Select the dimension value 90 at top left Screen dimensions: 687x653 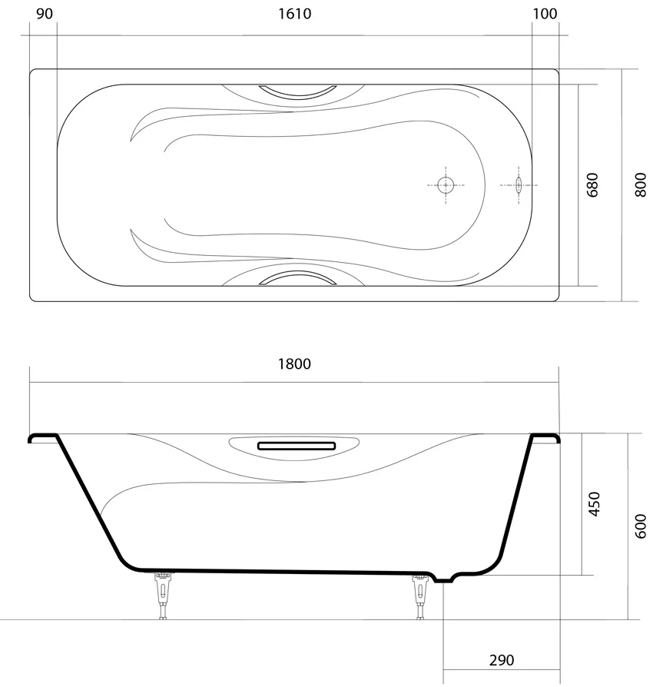[x=44, y=14]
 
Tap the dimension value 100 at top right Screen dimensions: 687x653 [x=545, y=14]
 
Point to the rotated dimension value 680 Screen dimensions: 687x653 [x=592, y=185]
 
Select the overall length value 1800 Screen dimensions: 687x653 [x=294, y=363]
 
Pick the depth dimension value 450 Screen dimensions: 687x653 [x=594, y=504]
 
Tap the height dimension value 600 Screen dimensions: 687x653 [x=641, y=526]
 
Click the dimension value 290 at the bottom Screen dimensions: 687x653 [x=501, y=660]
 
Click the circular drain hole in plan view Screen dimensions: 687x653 [x=446, y=185]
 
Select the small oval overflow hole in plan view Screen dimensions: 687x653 [x=519, y=185]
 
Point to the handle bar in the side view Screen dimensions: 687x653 [x=296, y=445]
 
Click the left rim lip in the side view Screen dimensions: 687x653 [x=43, y=438]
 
